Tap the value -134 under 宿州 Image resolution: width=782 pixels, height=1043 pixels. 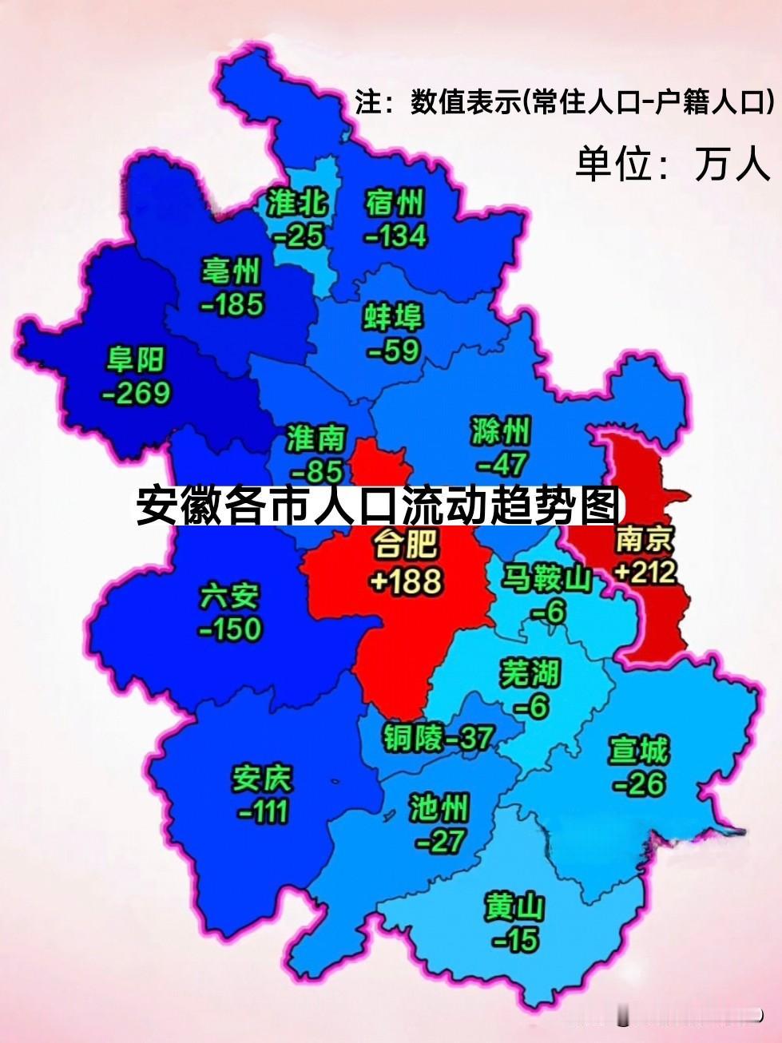pos(395,236)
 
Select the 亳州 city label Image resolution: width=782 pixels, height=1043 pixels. pos(232,272)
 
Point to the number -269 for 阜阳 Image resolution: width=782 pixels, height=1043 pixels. pos(136,392)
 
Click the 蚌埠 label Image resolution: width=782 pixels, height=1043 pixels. pos(394,318)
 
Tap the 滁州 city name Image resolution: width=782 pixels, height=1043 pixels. pos(501,432)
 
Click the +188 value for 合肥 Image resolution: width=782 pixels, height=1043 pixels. pos(406,581)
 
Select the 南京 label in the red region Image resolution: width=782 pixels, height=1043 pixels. pos(645,541)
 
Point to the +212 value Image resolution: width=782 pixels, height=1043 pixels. pos(646,571)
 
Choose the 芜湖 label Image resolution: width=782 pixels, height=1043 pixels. pos(530,674)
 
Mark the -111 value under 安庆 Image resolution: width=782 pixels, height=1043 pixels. pos(263,811)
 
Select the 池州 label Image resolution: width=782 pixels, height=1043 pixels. pos(438,810)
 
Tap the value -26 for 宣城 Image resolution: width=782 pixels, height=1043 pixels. pos(639,783)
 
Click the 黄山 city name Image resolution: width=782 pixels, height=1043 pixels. pos(515,908)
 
